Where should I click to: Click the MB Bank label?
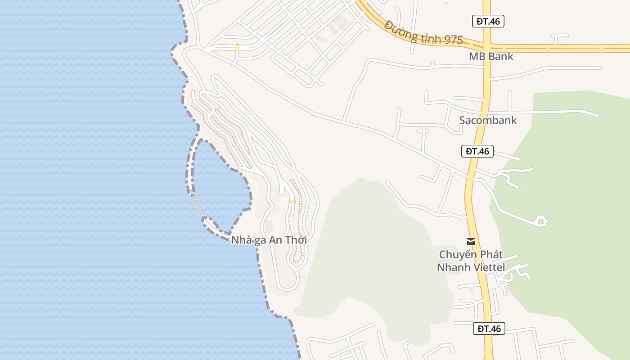(x=491, y=57)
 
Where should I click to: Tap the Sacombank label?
(x=488, y=120)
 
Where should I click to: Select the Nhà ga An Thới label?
(x=269, y=240)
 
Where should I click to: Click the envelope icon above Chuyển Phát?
(x=471, y=242)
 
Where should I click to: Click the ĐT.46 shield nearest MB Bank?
(x=488, y=21)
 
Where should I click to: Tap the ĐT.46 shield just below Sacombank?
(x=477, y=151)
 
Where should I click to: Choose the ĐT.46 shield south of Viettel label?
(x=489, y=328)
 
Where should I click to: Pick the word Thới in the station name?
(x=295, y=240)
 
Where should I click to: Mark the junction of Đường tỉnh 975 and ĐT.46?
(x=487, y=46)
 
